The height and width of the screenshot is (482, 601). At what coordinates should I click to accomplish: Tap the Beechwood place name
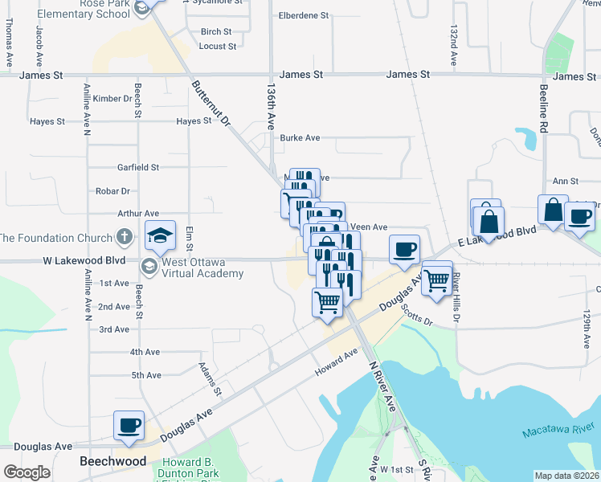tap(113, 462)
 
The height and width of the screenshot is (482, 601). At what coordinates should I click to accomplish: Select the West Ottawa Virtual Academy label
tap(202, 268)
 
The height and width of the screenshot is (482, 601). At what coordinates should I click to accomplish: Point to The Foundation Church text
tap(55, 238)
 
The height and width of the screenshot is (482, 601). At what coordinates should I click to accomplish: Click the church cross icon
tap(123, 237)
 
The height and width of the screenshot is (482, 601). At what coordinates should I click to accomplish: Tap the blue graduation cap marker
tap(161, 235)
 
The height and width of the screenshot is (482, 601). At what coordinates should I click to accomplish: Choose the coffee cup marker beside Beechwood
tap(128, 426)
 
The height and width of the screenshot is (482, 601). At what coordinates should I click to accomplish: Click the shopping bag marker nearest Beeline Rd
tap(553, 210)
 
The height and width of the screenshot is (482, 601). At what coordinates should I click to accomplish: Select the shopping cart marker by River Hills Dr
tap(437, 280)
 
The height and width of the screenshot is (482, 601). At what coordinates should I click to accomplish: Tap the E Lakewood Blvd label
tap(496, 236)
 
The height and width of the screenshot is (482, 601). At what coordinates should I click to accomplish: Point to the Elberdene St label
tap(304, 15)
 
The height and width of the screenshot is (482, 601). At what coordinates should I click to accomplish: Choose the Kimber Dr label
tap(112, 99)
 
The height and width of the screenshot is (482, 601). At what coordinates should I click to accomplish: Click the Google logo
tap(27, 472)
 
